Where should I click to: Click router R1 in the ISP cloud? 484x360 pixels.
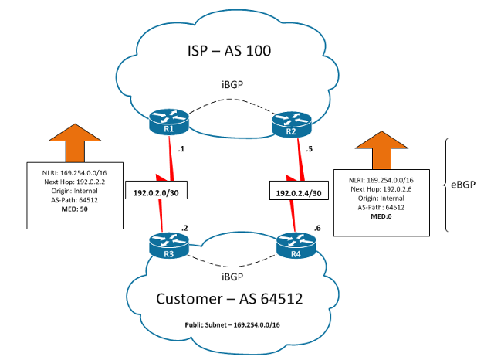[x=169, y=120]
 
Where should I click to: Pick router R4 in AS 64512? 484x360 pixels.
[x=296, y=245]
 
